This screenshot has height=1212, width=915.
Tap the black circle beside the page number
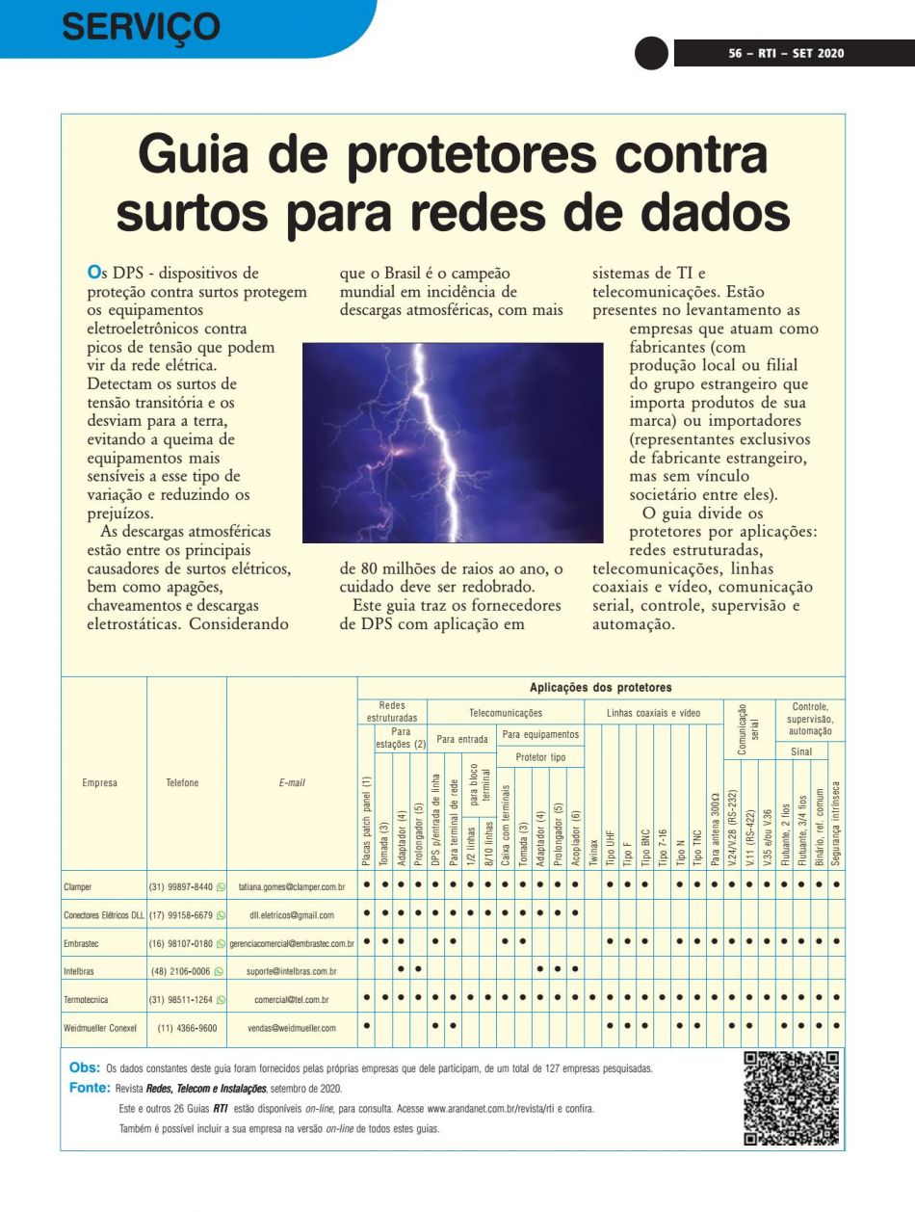click(651, 53)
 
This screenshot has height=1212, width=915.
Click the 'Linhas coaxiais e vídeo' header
click(652, 714)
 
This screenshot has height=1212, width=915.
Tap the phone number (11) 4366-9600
click(187, 1028)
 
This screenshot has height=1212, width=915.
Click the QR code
click(792, 1096)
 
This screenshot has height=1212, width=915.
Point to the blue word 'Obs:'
click(85, 1067)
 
